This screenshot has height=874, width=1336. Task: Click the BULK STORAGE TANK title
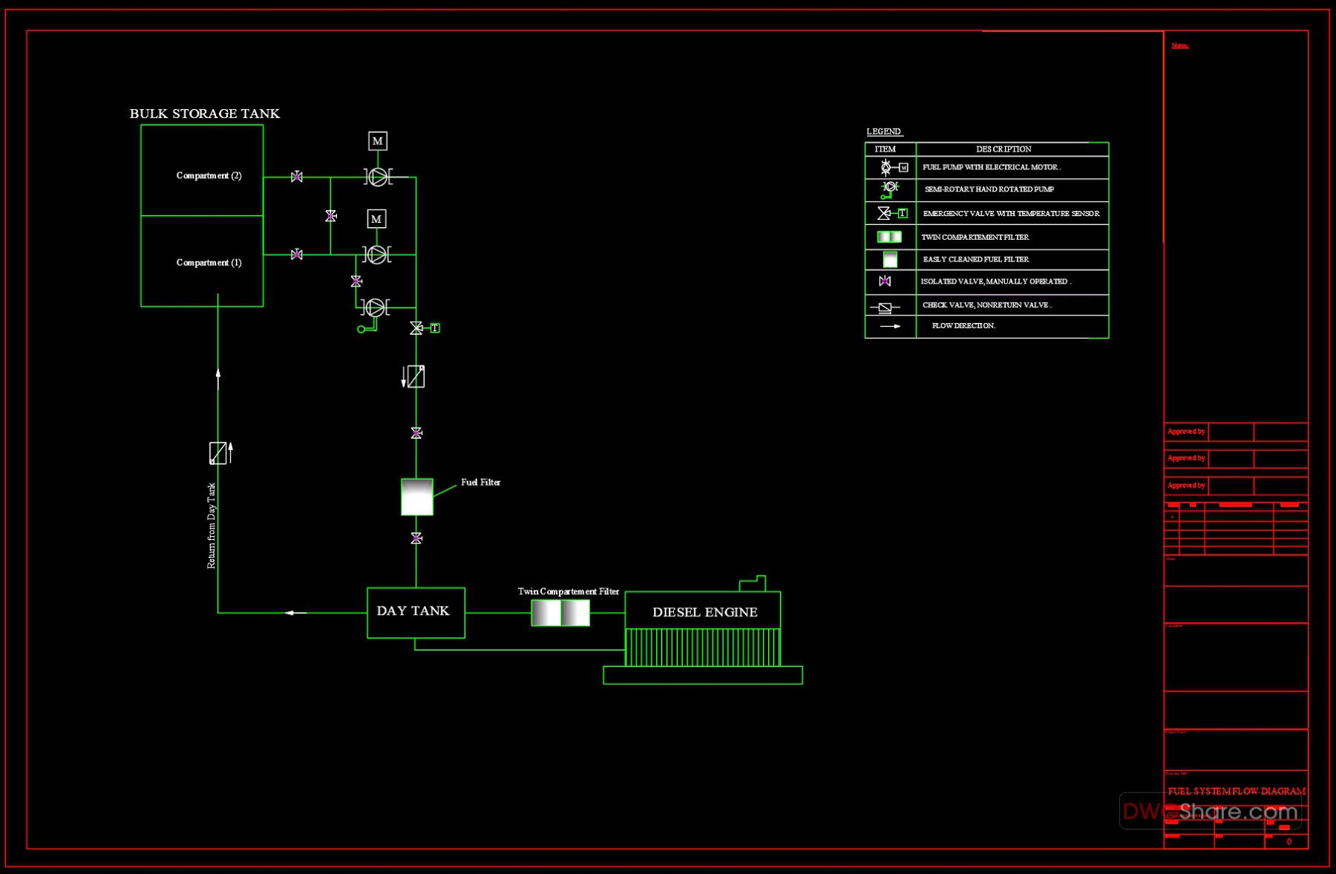coord(204,114)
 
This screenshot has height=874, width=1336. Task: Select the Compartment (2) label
coord(209,176)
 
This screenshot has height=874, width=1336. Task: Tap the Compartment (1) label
coord(209,263)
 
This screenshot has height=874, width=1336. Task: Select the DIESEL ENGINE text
coord(704,613)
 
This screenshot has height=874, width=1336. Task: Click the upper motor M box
coord(378,141)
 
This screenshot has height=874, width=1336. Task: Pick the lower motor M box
coord(377,219)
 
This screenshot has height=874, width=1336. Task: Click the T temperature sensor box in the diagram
coord(435,328)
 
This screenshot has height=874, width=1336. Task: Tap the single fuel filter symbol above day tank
coord(416,497)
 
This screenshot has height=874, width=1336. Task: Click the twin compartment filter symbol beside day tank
coord(560,613)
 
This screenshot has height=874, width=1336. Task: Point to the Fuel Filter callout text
coord(480,483)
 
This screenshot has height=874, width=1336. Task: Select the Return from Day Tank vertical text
coord(212,526)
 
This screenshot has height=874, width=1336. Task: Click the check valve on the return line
coord(217,453)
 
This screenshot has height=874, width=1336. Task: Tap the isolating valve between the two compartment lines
coord(331,216)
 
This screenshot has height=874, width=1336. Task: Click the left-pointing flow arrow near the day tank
coord(295,613)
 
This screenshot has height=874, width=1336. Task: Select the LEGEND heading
coord(883,131)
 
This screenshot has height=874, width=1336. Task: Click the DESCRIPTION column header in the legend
coord(1003,149)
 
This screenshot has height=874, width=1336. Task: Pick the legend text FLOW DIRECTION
coord(963,326)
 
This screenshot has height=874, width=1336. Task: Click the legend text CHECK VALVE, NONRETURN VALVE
coord(986,305)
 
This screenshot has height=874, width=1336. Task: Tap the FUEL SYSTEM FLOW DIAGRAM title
coord(1236,792)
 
